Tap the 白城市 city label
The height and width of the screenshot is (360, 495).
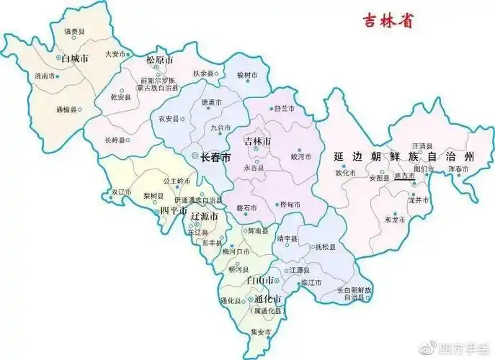click(74, 58)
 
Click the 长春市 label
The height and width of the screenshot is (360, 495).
click(215, 156)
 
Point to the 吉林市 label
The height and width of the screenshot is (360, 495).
click(257, 138)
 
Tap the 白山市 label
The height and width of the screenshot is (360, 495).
click(259, 279)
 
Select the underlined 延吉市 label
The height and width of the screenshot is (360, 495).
click(403, 176)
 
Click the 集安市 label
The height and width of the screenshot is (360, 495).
click(259, 332)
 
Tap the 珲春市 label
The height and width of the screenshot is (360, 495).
click(458, 168)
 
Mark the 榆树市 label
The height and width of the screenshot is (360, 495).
click(246, 74)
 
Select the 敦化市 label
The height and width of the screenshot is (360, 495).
click(346, 173)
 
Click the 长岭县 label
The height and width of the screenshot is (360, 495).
click(115, 140)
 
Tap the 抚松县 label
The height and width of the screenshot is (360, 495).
click(326, 247)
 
